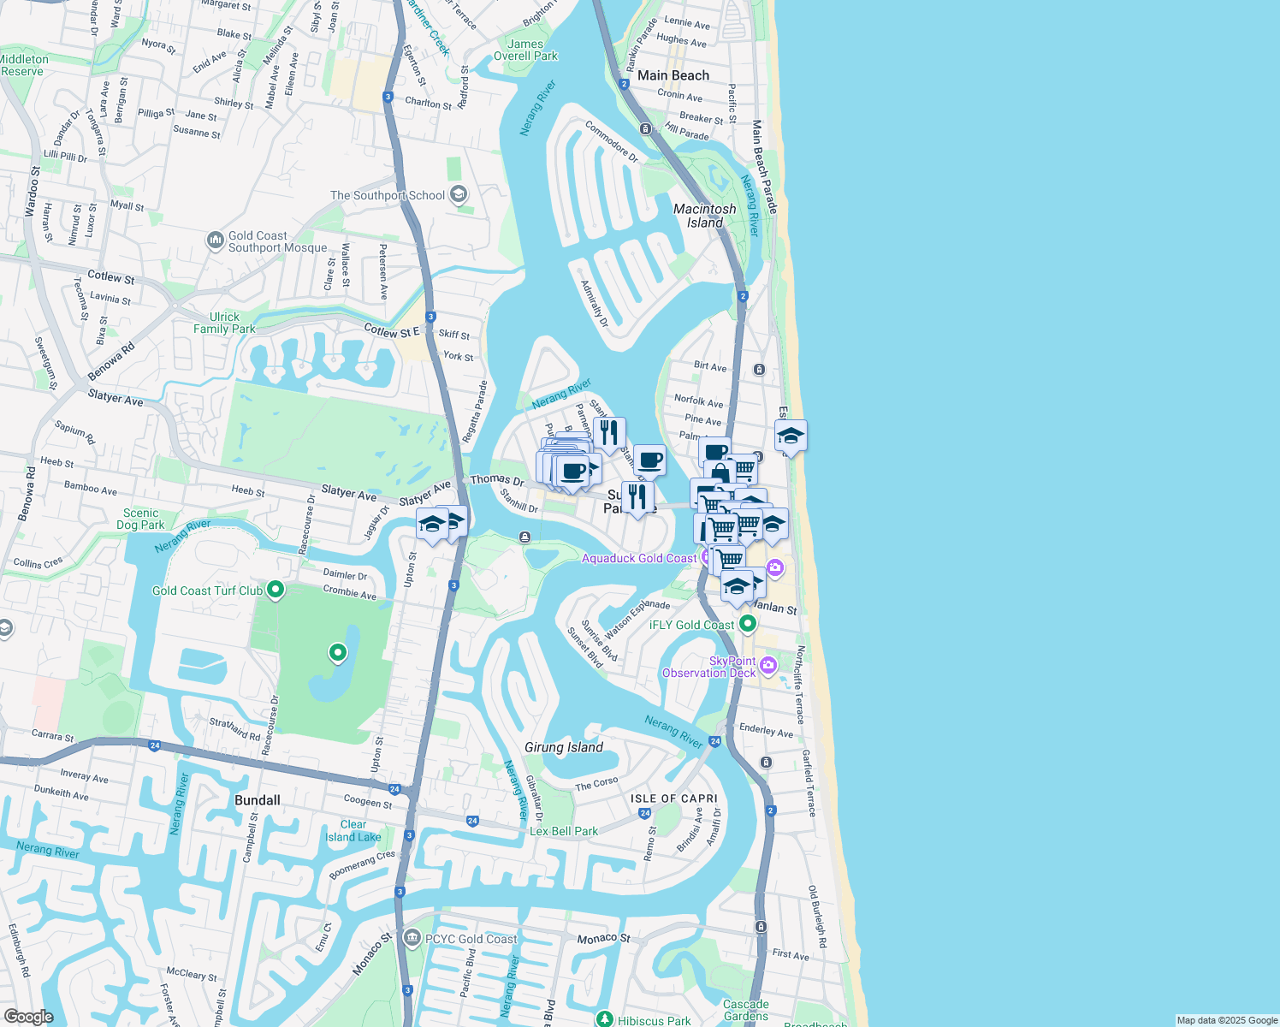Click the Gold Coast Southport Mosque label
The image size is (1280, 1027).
click(x=277, y=242)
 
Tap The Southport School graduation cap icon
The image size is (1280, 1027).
click(x=459, y=194)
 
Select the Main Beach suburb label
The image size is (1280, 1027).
click(x=673, y=75)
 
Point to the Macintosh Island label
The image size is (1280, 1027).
click(x=704, y=216)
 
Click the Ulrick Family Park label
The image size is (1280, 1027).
click(x=224, y=323)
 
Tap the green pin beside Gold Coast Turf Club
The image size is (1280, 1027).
click(x=276, y=590)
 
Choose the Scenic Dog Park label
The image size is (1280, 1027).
click(x=140, y=519)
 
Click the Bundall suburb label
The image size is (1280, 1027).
click(x=258, y=800)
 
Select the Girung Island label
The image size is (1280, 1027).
click(x=564, y=747)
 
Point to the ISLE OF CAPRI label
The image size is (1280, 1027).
click(x=674, y=798)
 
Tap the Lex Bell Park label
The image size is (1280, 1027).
click(x=564, y=831)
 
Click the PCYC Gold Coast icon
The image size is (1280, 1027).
click(x=412, y=938)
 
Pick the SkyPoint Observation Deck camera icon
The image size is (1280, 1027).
click(x=768, y=665)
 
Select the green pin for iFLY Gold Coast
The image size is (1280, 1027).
click(x=748, y=624)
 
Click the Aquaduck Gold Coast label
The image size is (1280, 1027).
click(x=639, y=559)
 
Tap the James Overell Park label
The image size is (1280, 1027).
click(x=525, y=50)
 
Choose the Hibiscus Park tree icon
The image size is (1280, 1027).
click(x=605, y=1019)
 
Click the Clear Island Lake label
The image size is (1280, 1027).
click(x=353, y=831)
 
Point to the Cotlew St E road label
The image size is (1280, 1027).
click(x=392, y=331)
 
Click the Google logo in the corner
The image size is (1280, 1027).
click(x=28, y=1016)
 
